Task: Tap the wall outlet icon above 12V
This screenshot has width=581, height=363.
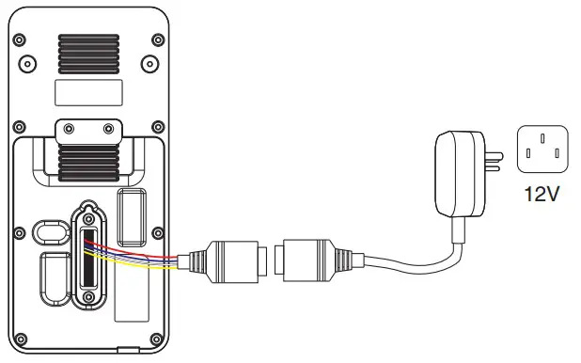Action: coord(542,150)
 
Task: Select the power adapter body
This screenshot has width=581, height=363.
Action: coord(459,175)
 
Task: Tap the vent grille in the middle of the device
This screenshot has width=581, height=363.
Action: coord(89,156)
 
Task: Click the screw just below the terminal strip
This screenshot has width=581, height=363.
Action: coord(88,299)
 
